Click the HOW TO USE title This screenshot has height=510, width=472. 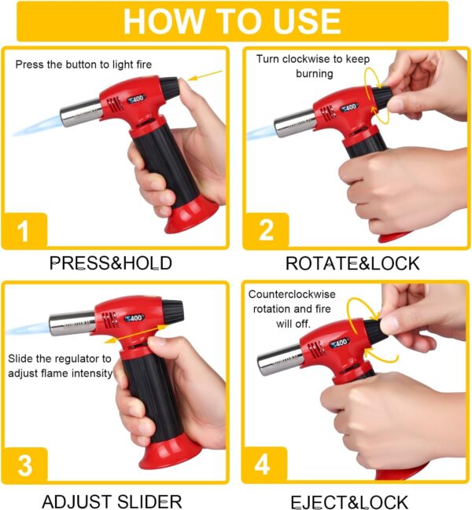[232, 20]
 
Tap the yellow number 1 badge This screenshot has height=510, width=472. [24, 230]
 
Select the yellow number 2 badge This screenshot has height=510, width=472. [266, 230]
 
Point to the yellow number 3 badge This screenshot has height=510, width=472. [24, 464]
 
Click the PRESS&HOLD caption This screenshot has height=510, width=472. [111, 263]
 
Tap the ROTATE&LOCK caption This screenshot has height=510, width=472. [352, 263]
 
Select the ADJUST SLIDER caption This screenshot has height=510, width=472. [112, 501]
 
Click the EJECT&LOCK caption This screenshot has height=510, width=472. [349, 502]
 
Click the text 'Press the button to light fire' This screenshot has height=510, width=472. [83, 64]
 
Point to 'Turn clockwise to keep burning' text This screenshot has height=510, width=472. [313, 66]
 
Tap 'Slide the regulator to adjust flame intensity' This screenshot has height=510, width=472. [60, 366]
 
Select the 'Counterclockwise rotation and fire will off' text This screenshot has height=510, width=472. [292, 309]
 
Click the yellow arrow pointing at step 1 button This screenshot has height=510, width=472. [205, 75]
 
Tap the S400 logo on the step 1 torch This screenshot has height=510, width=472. [136, 98]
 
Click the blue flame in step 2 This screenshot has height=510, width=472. [261, 133]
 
